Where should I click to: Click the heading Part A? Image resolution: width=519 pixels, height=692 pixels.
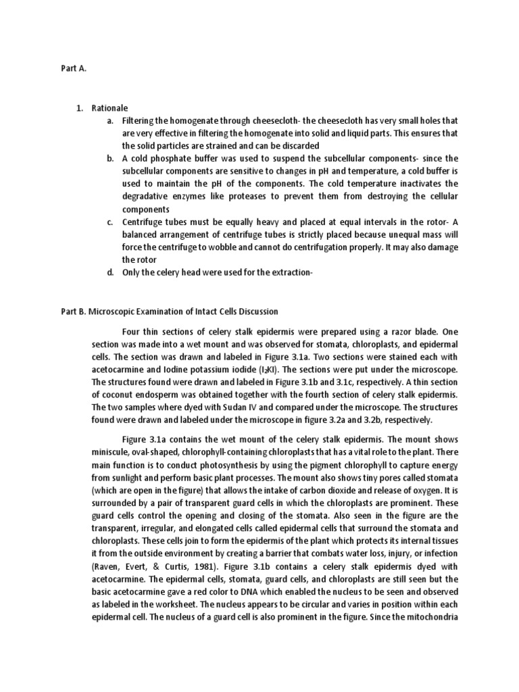(66, 68)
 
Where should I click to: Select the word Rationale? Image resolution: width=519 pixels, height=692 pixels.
(109, 107)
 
